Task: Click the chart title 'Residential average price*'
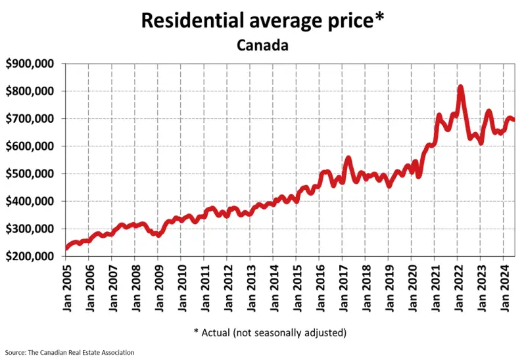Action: coord(262,20)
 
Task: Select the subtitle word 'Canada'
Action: coord(262,46)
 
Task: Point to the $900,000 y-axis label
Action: coord(30,64)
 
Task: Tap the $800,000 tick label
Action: coord(30,91)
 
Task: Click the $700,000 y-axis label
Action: coord(30,119)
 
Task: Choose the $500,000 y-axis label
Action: coord(30,174)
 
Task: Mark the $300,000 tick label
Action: coord(30,229)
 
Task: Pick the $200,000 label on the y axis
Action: coord(30,256)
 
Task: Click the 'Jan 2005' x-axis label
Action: coord(66,287)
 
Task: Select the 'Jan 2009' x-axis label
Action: coord(158,287)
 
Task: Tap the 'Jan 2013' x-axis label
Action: coord(250,287)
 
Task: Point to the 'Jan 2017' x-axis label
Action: coord(342,287)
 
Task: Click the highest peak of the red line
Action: coord(460,87)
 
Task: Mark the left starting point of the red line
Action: coord(66,248)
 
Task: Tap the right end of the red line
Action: coord(514,120)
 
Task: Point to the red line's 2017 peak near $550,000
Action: coord(348,158)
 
